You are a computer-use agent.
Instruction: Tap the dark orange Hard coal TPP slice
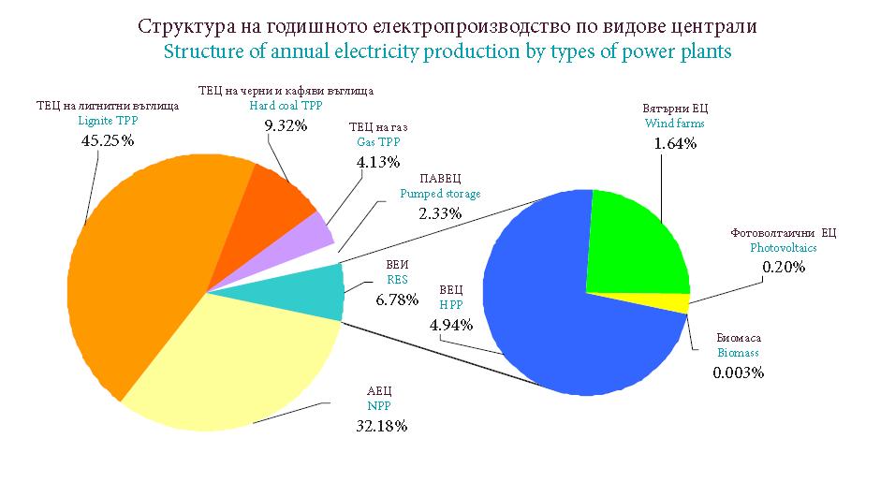pos(276,201)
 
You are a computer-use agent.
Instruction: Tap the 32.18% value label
pos(381,426)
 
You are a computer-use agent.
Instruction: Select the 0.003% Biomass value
pos(739,372)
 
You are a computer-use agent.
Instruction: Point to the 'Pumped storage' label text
pos(440,194)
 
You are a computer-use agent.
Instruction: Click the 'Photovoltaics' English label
pos(784,248)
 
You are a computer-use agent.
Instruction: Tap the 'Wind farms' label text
pos(674,124)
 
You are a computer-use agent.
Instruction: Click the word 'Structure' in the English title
pos(203,51)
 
